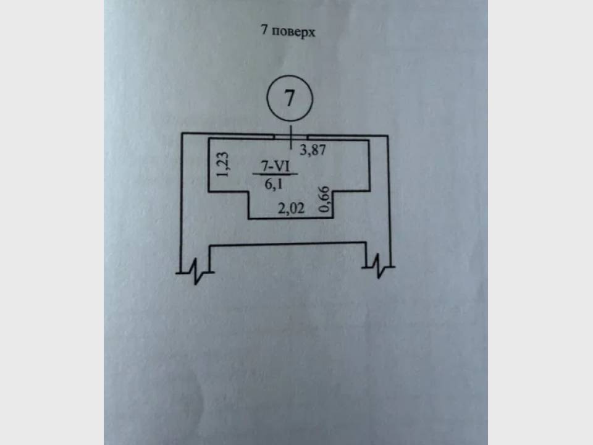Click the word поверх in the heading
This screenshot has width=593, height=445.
point(293,32)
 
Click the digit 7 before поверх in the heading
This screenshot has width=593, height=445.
point(265,30)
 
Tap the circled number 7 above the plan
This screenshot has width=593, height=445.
point(290,98)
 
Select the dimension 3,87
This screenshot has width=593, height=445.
point(313,150)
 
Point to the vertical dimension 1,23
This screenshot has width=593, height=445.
point(223,164)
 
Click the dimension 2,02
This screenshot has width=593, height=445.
point(291,208)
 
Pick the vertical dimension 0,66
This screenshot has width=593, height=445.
point(325,200)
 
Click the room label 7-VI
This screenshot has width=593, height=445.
point(275,166)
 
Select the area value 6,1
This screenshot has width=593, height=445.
point(274,184)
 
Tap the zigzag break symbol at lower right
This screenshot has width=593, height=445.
point(379,267)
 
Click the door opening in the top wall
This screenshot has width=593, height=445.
point(291,137)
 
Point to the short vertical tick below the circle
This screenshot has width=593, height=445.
point(290,137)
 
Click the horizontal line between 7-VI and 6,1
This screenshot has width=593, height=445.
point(275,175)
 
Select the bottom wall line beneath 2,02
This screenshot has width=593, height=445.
point(291,218)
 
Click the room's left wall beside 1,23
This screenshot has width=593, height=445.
point(209,166)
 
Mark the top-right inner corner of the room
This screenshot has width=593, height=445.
point(369,141)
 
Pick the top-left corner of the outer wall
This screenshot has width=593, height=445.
point(182,133)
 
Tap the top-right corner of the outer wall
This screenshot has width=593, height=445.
point(388,136)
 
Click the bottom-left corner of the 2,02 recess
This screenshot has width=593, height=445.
point(249,218)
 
